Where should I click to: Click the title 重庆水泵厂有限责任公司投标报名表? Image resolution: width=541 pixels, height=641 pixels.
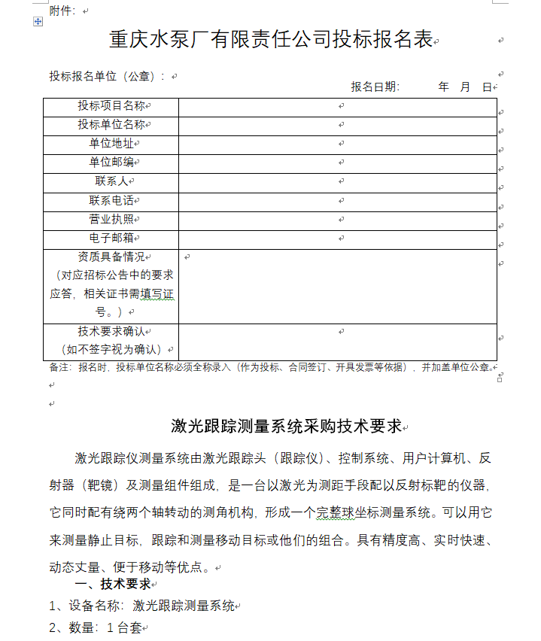pyautogui.click(x=271, y=40)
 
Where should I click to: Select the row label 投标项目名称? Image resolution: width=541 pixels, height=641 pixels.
pyautogui.click(x=111, y=106)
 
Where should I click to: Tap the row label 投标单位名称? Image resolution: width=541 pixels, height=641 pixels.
pyautogui.click(x=111, y=125)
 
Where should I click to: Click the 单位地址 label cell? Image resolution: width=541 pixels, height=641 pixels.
pyautogui.click(x=111, y=144)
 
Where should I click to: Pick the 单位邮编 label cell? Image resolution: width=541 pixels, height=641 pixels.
pyautogui.click(x=111, y=163)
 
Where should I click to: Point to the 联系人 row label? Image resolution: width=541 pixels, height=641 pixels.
pyautogui.click(x=111, y=181)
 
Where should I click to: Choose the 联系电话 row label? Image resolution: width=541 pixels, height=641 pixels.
pyautogui.click(x=111, y=201)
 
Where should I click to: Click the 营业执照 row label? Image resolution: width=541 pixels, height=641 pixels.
pyautogui.click(x=111, y=220)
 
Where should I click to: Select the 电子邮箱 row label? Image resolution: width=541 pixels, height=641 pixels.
pyautogui.click(x=111, y=238)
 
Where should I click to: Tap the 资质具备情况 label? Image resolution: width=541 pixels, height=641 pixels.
pyautogui.click(x=111, y=257)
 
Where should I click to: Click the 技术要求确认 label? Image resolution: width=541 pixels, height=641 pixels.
pyautogui.click(x=111, y=332)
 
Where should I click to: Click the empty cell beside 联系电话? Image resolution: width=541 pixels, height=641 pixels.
pyautogui.click(x=338, y=201)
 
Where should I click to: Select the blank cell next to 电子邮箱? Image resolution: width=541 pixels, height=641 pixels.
pyautogui.click(x=338, y=238)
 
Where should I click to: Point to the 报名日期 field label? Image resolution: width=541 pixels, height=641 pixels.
pyautogui.click(x=375, y=87)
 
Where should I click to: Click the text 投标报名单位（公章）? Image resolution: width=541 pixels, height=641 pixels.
pyautogui.click(x=107, y=76)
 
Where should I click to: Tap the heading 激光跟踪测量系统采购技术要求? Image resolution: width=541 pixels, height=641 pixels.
pyautogui.click(x=287, y=427)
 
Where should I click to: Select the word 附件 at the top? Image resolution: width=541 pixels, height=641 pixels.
pyautogui.click(x=62, y=11)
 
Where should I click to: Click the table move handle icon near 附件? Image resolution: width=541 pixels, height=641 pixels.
pyautogui.click(x=38, y=23)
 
